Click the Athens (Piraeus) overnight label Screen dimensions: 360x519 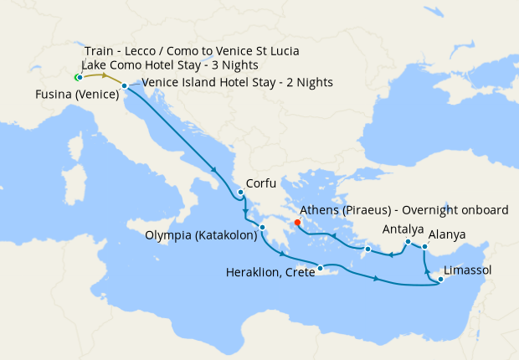tap(405, 209)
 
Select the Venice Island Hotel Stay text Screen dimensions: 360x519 tap(238, 82)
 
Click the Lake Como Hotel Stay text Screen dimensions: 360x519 tap(170, 65)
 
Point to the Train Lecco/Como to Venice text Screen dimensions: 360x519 tap(193, 51)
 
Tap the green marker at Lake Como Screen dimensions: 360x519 tap(77, 77)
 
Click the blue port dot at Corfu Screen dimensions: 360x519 tap(240, 192)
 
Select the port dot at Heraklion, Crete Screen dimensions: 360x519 tap(321, 268)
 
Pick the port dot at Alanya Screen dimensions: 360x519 tap(424, 246)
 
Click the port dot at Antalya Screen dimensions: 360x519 tap(407, 243)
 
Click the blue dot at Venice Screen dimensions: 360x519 tap(124, 86)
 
